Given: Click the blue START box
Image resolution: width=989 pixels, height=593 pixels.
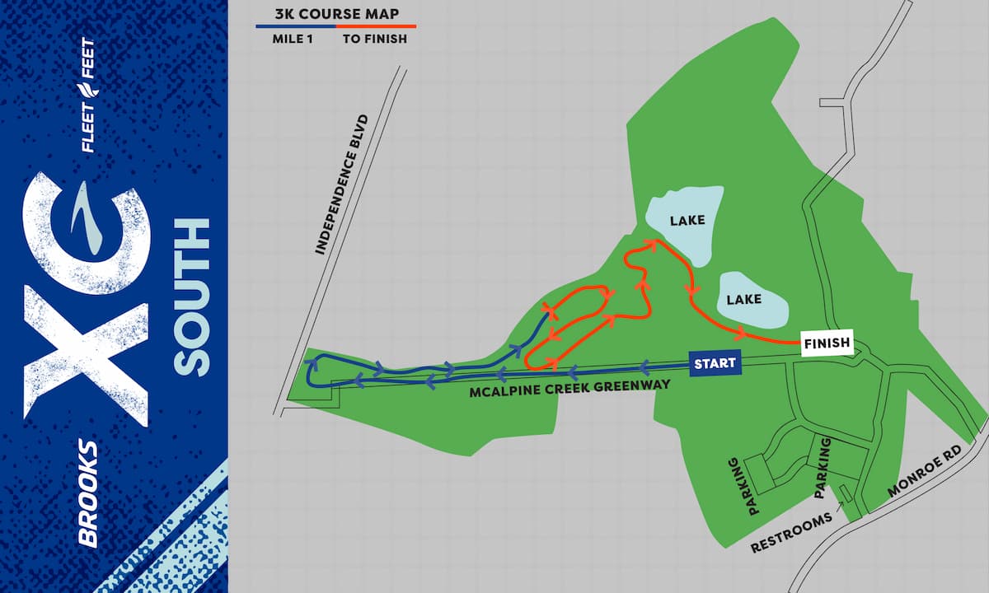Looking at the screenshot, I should (714, 363).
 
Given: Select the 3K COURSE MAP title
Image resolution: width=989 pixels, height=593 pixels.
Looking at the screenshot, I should (335, 14).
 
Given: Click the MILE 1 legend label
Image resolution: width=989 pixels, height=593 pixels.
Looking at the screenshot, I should (295, 39).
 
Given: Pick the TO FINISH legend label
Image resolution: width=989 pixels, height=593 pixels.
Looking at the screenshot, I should (375, 39).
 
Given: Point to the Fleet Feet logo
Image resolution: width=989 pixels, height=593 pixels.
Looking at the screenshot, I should (87, 96).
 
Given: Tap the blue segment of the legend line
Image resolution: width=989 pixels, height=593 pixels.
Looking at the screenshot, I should (295, 26).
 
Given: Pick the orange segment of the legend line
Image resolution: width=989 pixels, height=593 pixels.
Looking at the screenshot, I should (375, 26).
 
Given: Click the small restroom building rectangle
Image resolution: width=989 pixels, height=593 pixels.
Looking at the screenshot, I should (845, 493).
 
